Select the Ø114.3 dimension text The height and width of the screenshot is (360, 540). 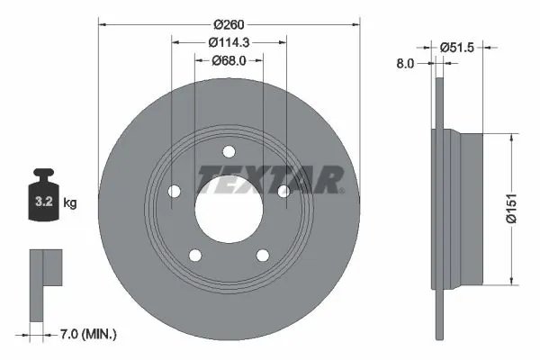(x=229, y=41)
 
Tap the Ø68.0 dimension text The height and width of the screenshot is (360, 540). (x=229, y=61)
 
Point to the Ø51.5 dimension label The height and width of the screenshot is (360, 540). (x=458, y=46)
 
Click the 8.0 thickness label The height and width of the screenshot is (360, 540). (x=405, y=63)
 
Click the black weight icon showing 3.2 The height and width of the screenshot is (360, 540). (x=43, y=193)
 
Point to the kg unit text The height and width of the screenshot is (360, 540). (x=70, y=203)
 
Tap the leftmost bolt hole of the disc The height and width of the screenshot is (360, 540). (x=175, y=191)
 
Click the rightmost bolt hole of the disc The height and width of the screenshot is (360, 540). (x=283, y=191)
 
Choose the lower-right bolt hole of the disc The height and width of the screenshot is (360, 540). (x=263, y=255)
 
